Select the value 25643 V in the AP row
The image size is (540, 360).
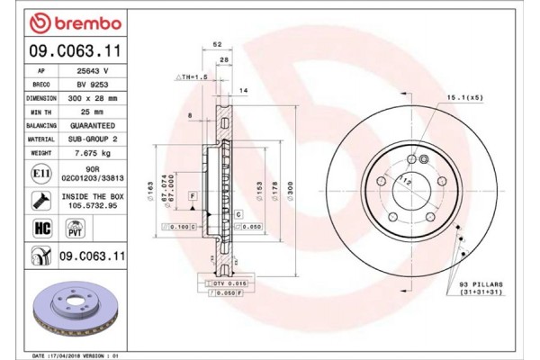click(93, 69)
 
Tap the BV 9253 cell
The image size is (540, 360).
click(93, 83)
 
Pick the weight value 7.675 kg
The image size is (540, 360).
click(93, 153)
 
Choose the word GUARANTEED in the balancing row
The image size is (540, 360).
click(93, 125)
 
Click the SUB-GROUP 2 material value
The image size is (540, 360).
click(93, 139)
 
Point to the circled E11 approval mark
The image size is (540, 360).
click(40, 172)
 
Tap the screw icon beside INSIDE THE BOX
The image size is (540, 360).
click(40, 200)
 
